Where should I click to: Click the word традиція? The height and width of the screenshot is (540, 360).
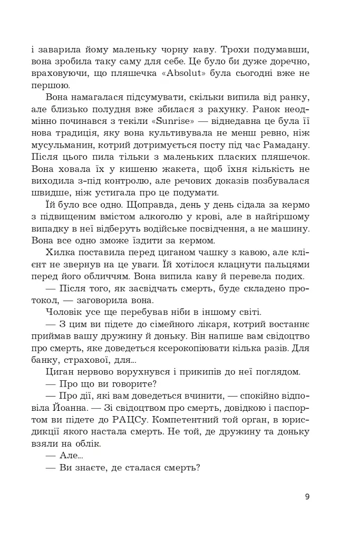(77, 133)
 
